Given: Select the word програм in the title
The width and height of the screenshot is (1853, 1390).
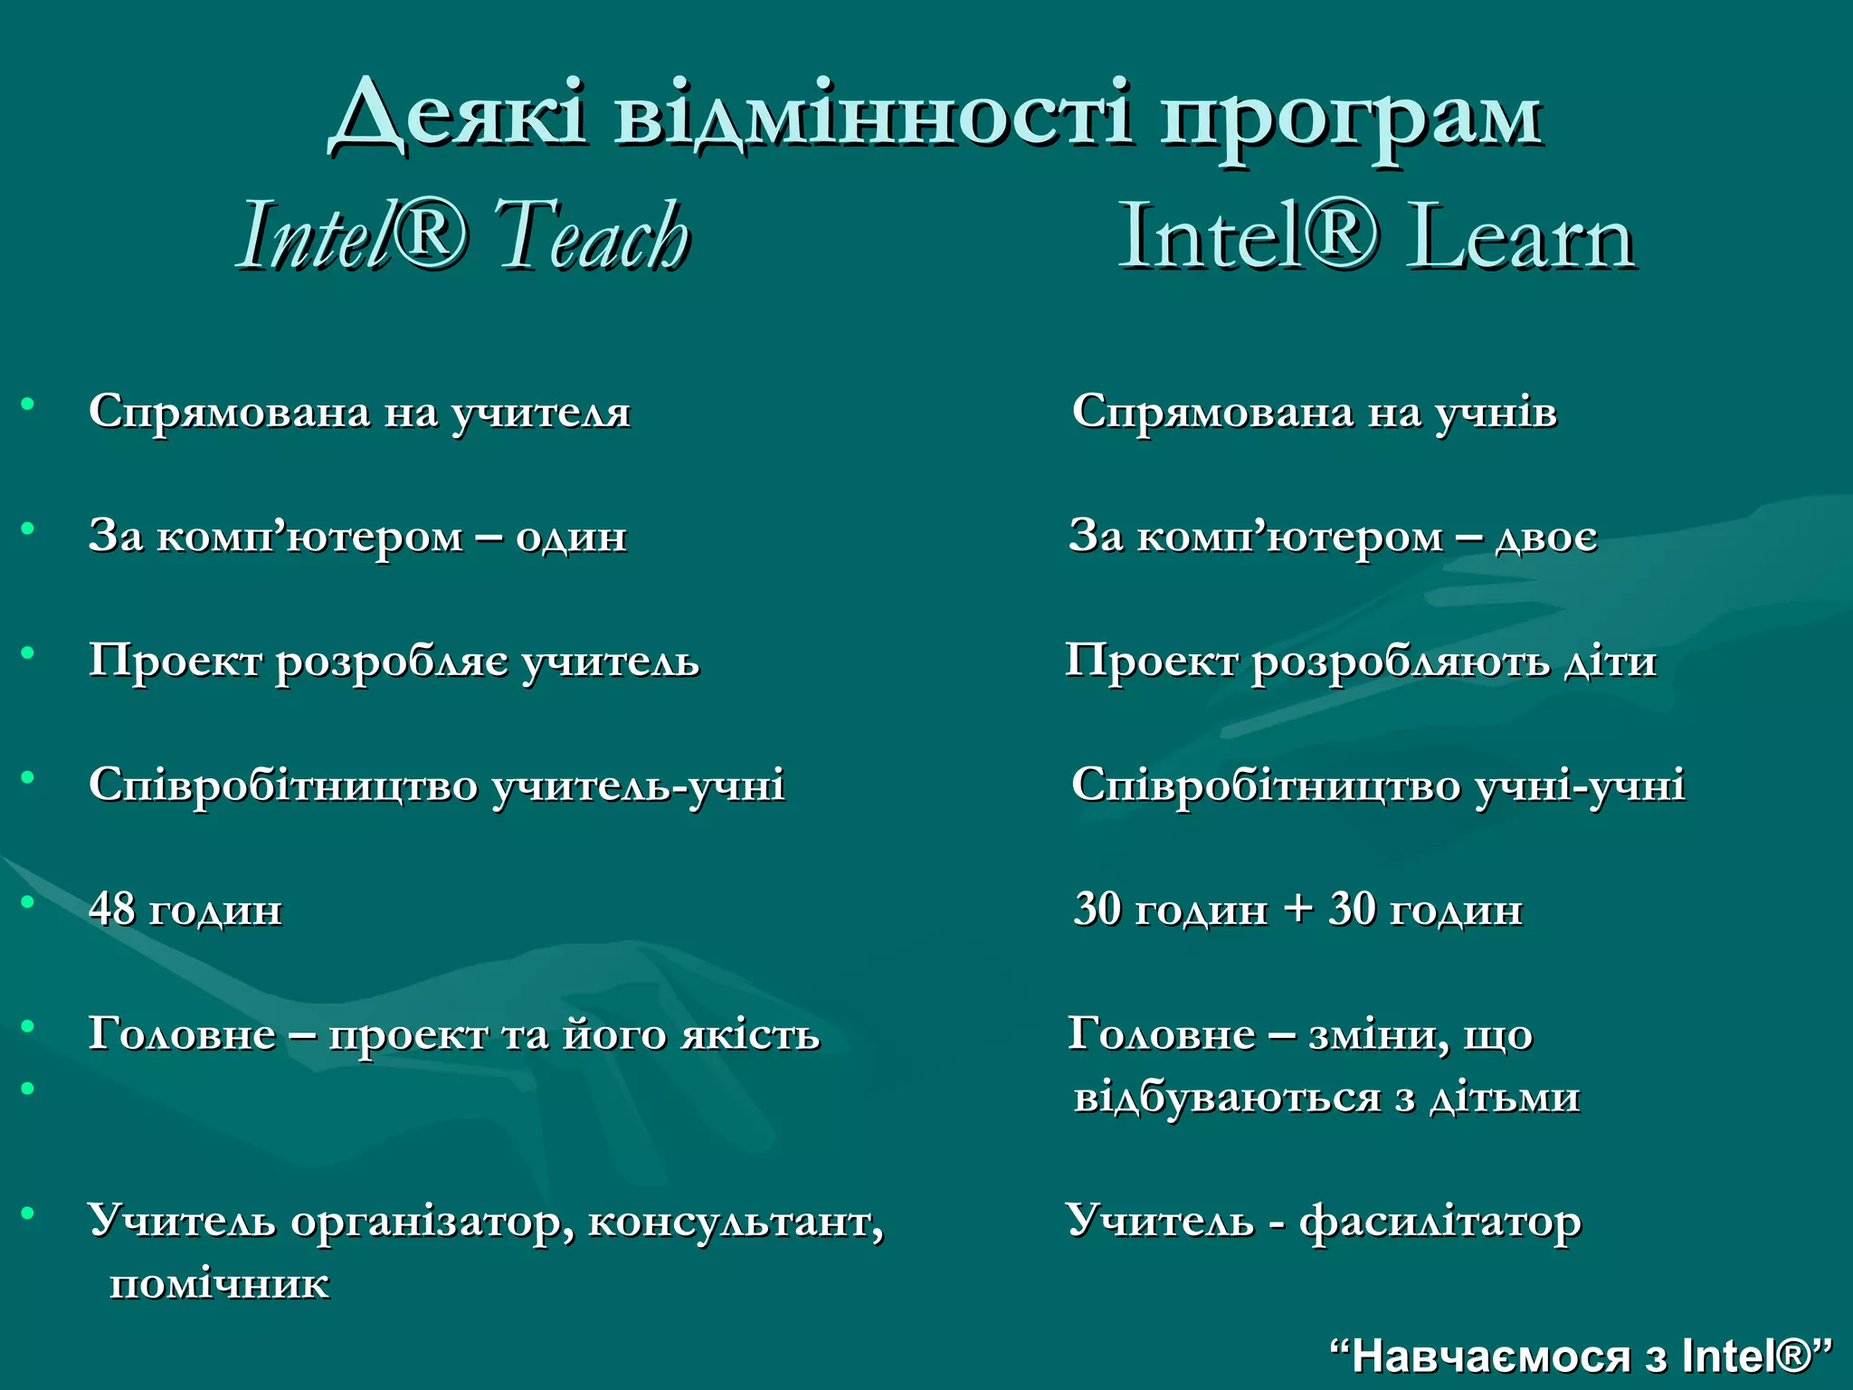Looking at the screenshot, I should (x=1352, y=119).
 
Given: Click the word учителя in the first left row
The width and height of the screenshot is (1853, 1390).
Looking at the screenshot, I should (x=540, y=413).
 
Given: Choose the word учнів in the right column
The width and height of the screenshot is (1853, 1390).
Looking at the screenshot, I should (x=1497, y=413).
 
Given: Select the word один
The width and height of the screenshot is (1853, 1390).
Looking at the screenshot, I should (x=571, y=537).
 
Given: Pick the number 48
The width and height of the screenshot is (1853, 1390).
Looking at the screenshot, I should (x=111, y=909).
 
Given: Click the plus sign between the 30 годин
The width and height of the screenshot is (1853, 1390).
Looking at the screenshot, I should (x=1297, y=909).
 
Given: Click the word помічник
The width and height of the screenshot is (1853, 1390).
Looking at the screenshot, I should (x=219, y=1284).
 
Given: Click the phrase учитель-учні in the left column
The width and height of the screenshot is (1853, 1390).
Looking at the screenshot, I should (x=639, y=785).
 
